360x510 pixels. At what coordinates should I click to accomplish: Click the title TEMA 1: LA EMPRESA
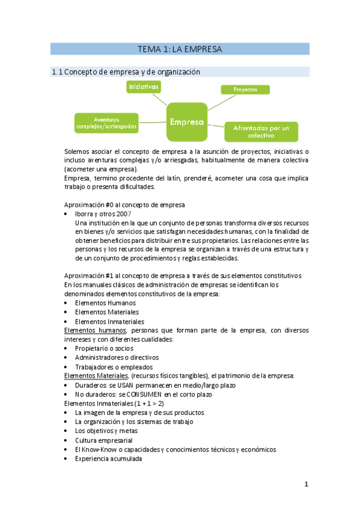(x=180, y=49)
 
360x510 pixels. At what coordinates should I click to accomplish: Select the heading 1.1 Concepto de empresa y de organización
(x=126, y=72)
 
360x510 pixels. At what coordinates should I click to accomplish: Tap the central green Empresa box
(x=186, y=121)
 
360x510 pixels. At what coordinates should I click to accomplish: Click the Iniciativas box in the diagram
(x=144, y=87)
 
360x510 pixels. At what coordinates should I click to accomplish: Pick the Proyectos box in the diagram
(x=245, y=90)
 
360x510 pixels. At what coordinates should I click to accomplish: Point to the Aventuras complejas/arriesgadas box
(x=106, y=123)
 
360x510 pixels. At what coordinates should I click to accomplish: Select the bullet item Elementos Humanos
(x=105, y=303)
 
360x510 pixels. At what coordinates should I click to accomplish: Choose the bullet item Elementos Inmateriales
(x=109, y=321)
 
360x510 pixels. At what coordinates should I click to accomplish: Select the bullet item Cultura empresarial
(x=104, y=440)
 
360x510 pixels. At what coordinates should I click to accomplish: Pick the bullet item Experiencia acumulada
(x=108, y=458)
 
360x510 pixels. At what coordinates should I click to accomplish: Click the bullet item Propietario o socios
(x=104, y=348)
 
